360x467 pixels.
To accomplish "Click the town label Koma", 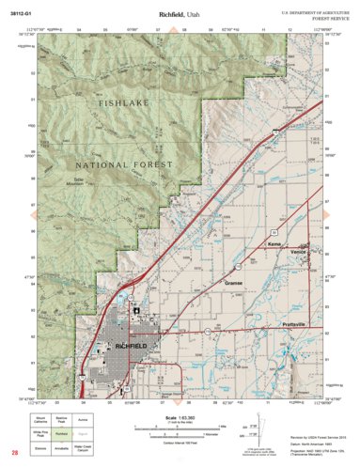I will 274,244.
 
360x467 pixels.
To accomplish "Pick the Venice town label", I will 299,253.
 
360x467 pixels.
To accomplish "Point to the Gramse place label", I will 234,281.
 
